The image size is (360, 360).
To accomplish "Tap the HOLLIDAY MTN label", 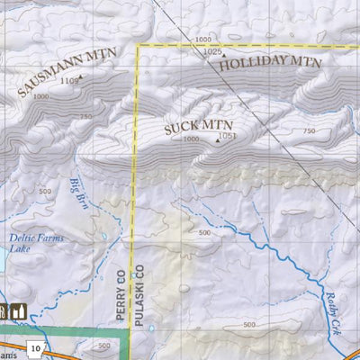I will (269, 64).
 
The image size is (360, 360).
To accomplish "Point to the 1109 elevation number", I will (68, 81).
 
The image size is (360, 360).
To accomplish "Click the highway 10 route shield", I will (34, 347).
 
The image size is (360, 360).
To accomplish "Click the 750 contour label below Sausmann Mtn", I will (85, 116).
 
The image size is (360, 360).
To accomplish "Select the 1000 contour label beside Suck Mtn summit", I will (191, 139).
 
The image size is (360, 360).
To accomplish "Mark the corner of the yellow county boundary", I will (137, 46).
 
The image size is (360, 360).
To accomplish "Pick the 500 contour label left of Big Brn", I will (44, 191).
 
